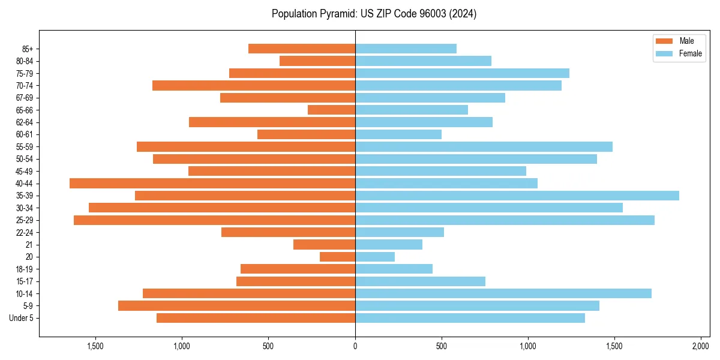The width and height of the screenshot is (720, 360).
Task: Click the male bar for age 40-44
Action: click(212, 183)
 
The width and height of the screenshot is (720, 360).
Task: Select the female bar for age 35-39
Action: click(517, 196)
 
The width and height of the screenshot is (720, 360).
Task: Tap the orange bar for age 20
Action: click(337, 257)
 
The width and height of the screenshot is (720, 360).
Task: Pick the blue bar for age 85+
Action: click(406, 49)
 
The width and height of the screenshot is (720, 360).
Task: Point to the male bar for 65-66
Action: click(331, 110)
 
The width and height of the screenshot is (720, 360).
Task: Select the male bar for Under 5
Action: click(256, 318)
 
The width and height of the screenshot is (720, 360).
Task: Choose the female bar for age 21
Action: click(388, 244)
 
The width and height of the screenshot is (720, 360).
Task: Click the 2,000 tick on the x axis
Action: click(701, 346)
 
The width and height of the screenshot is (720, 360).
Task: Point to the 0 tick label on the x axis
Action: click(355, 346)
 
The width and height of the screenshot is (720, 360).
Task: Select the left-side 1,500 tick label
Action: click(95, 346)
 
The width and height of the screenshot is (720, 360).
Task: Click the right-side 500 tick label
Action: click(442, 346)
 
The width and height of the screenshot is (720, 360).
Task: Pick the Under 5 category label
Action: click(22, 318)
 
